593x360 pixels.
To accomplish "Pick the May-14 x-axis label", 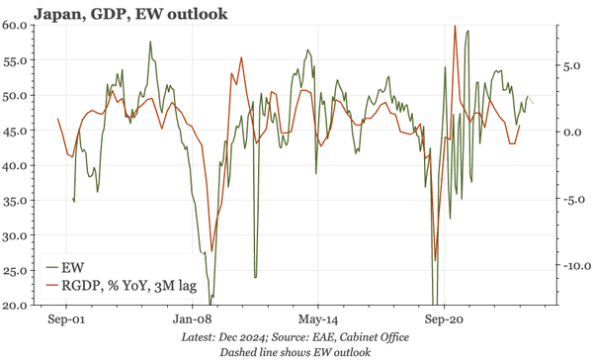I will click(318, 320).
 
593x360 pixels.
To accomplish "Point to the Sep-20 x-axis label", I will click(444, 320).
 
